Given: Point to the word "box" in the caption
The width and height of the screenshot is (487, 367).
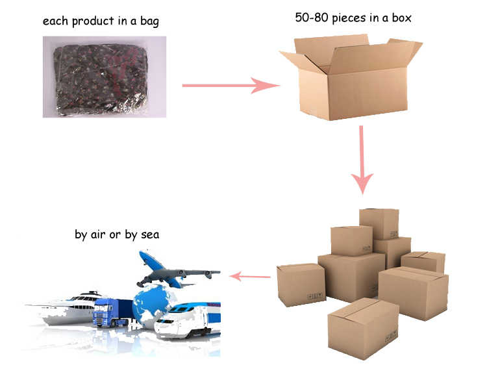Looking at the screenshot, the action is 400,18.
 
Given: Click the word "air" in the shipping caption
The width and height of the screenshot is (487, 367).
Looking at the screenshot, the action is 99,234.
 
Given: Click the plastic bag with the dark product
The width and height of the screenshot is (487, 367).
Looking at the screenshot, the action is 104,77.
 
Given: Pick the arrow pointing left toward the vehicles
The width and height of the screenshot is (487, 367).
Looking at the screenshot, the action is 251,277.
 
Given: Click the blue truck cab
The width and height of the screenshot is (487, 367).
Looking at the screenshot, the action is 106,313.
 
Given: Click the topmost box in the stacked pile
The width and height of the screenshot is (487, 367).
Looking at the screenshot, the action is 379,223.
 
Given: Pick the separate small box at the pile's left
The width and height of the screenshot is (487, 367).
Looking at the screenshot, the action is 301,285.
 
